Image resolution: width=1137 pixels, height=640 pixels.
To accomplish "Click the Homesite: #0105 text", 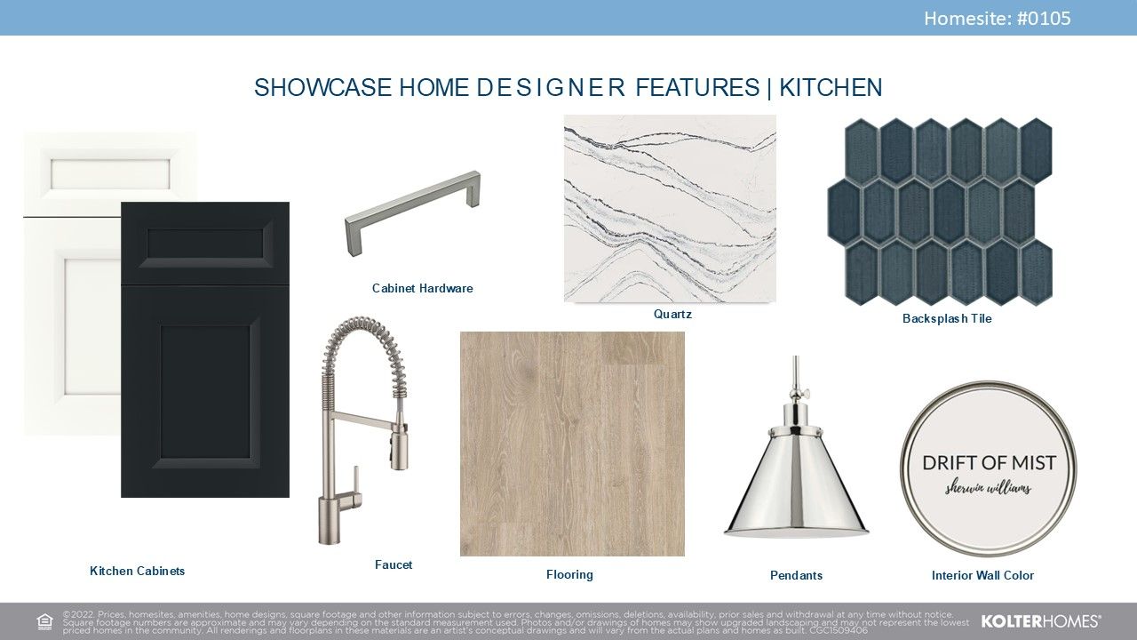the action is pos(997,19).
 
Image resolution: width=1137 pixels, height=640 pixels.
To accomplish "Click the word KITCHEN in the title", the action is pos(831,87).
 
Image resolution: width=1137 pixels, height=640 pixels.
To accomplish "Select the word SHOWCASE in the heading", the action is pos(322,87).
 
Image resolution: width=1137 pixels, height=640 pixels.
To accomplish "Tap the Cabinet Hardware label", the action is pos(422,288).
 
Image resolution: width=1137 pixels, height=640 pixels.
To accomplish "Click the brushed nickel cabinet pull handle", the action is pos(412,212).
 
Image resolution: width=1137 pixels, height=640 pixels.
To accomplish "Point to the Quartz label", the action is pos(672,314).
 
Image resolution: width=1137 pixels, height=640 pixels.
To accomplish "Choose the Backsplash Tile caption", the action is pos(947,318).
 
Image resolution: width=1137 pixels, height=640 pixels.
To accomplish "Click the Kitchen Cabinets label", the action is pos(137,571).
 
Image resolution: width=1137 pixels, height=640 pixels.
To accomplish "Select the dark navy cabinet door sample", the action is pos(205,349).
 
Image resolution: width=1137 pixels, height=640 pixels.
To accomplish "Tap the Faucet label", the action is pos(394,564).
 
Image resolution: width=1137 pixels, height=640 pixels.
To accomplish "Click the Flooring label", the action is pos(569,574).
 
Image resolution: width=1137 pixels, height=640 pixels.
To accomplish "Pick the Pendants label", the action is pos(796,575).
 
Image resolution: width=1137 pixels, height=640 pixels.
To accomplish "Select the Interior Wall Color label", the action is pos(982,575).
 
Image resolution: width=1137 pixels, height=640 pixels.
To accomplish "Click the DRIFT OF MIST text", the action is pos(990,463).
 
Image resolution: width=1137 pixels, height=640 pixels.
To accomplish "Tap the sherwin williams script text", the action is pos(988,489).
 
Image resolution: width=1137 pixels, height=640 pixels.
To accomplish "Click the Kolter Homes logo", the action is pos(1040,621).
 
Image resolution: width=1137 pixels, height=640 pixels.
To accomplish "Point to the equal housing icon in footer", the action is pos(44,621).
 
